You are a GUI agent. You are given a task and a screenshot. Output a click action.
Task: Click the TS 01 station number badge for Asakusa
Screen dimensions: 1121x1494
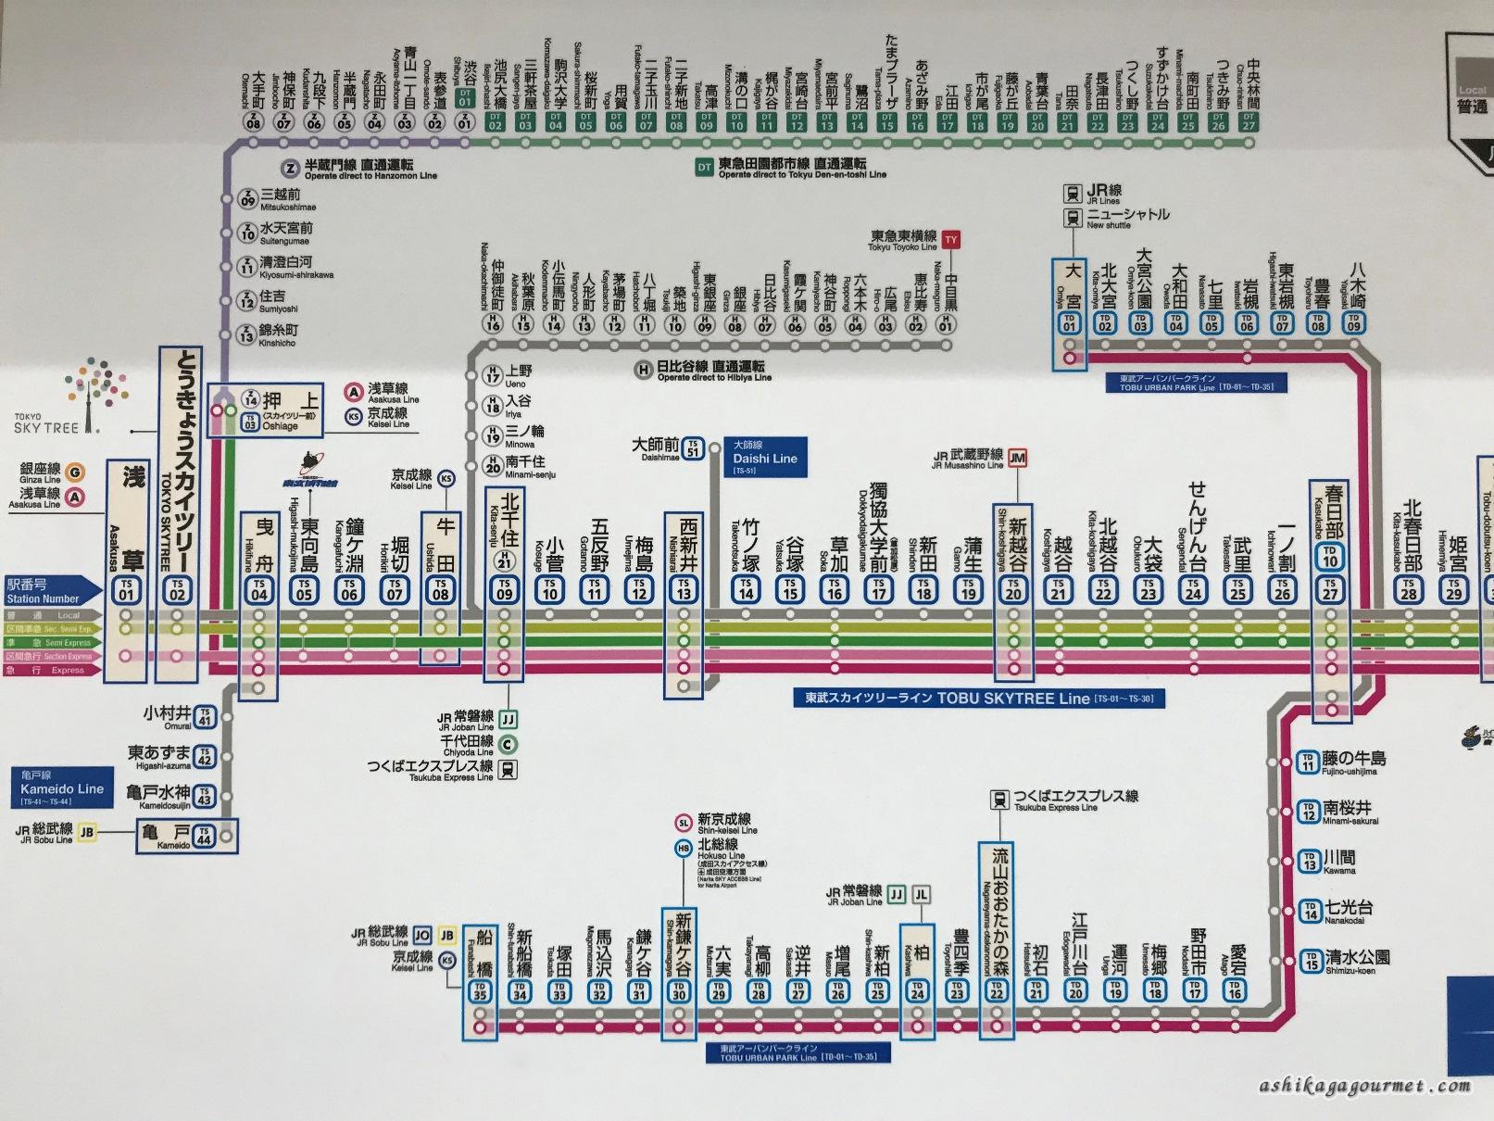(x=126, y=590)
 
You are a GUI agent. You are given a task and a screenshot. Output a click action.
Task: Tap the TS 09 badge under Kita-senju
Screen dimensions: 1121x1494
(x=505, y=590)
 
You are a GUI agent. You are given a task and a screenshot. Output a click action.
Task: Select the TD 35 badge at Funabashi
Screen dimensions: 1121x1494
(x=479, y=991)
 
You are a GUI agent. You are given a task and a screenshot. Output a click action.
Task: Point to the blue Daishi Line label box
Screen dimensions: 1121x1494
(x=765, y=458)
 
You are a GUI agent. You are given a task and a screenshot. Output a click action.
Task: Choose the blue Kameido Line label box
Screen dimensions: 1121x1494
(x=62, y=788)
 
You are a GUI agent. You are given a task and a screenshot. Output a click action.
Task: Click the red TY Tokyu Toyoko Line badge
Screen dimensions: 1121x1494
(x=950, y=240)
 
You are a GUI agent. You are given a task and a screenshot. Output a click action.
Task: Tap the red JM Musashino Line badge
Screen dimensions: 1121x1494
(x=1017, y=458)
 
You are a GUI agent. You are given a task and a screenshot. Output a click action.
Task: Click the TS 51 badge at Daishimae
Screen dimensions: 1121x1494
(x=693, y=448)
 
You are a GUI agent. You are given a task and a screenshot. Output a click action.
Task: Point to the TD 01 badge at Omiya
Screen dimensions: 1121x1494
(x=1071, y=323)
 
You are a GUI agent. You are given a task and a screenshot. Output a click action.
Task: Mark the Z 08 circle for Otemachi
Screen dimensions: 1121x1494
(x=254, y=121)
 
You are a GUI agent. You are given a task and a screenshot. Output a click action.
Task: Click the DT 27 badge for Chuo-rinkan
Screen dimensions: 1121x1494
(x=1249, y=121)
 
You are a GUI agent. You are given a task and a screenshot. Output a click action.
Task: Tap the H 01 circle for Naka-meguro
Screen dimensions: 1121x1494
(x=946, y=323)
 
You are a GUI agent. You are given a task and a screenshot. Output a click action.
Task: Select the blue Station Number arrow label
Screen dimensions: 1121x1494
(x=52, y=591)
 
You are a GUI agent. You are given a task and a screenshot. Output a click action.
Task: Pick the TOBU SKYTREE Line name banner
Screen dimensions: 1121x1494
(x=979, y=699)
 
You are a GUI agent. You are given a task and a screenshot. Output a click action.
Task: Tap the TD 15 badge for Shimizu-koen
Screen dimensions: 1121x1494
(x=1310, y=961)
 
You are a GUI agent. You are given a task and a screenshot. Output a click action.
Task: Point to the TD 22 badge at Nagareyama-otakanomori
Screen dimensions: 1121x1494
(x=997, y=991)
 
